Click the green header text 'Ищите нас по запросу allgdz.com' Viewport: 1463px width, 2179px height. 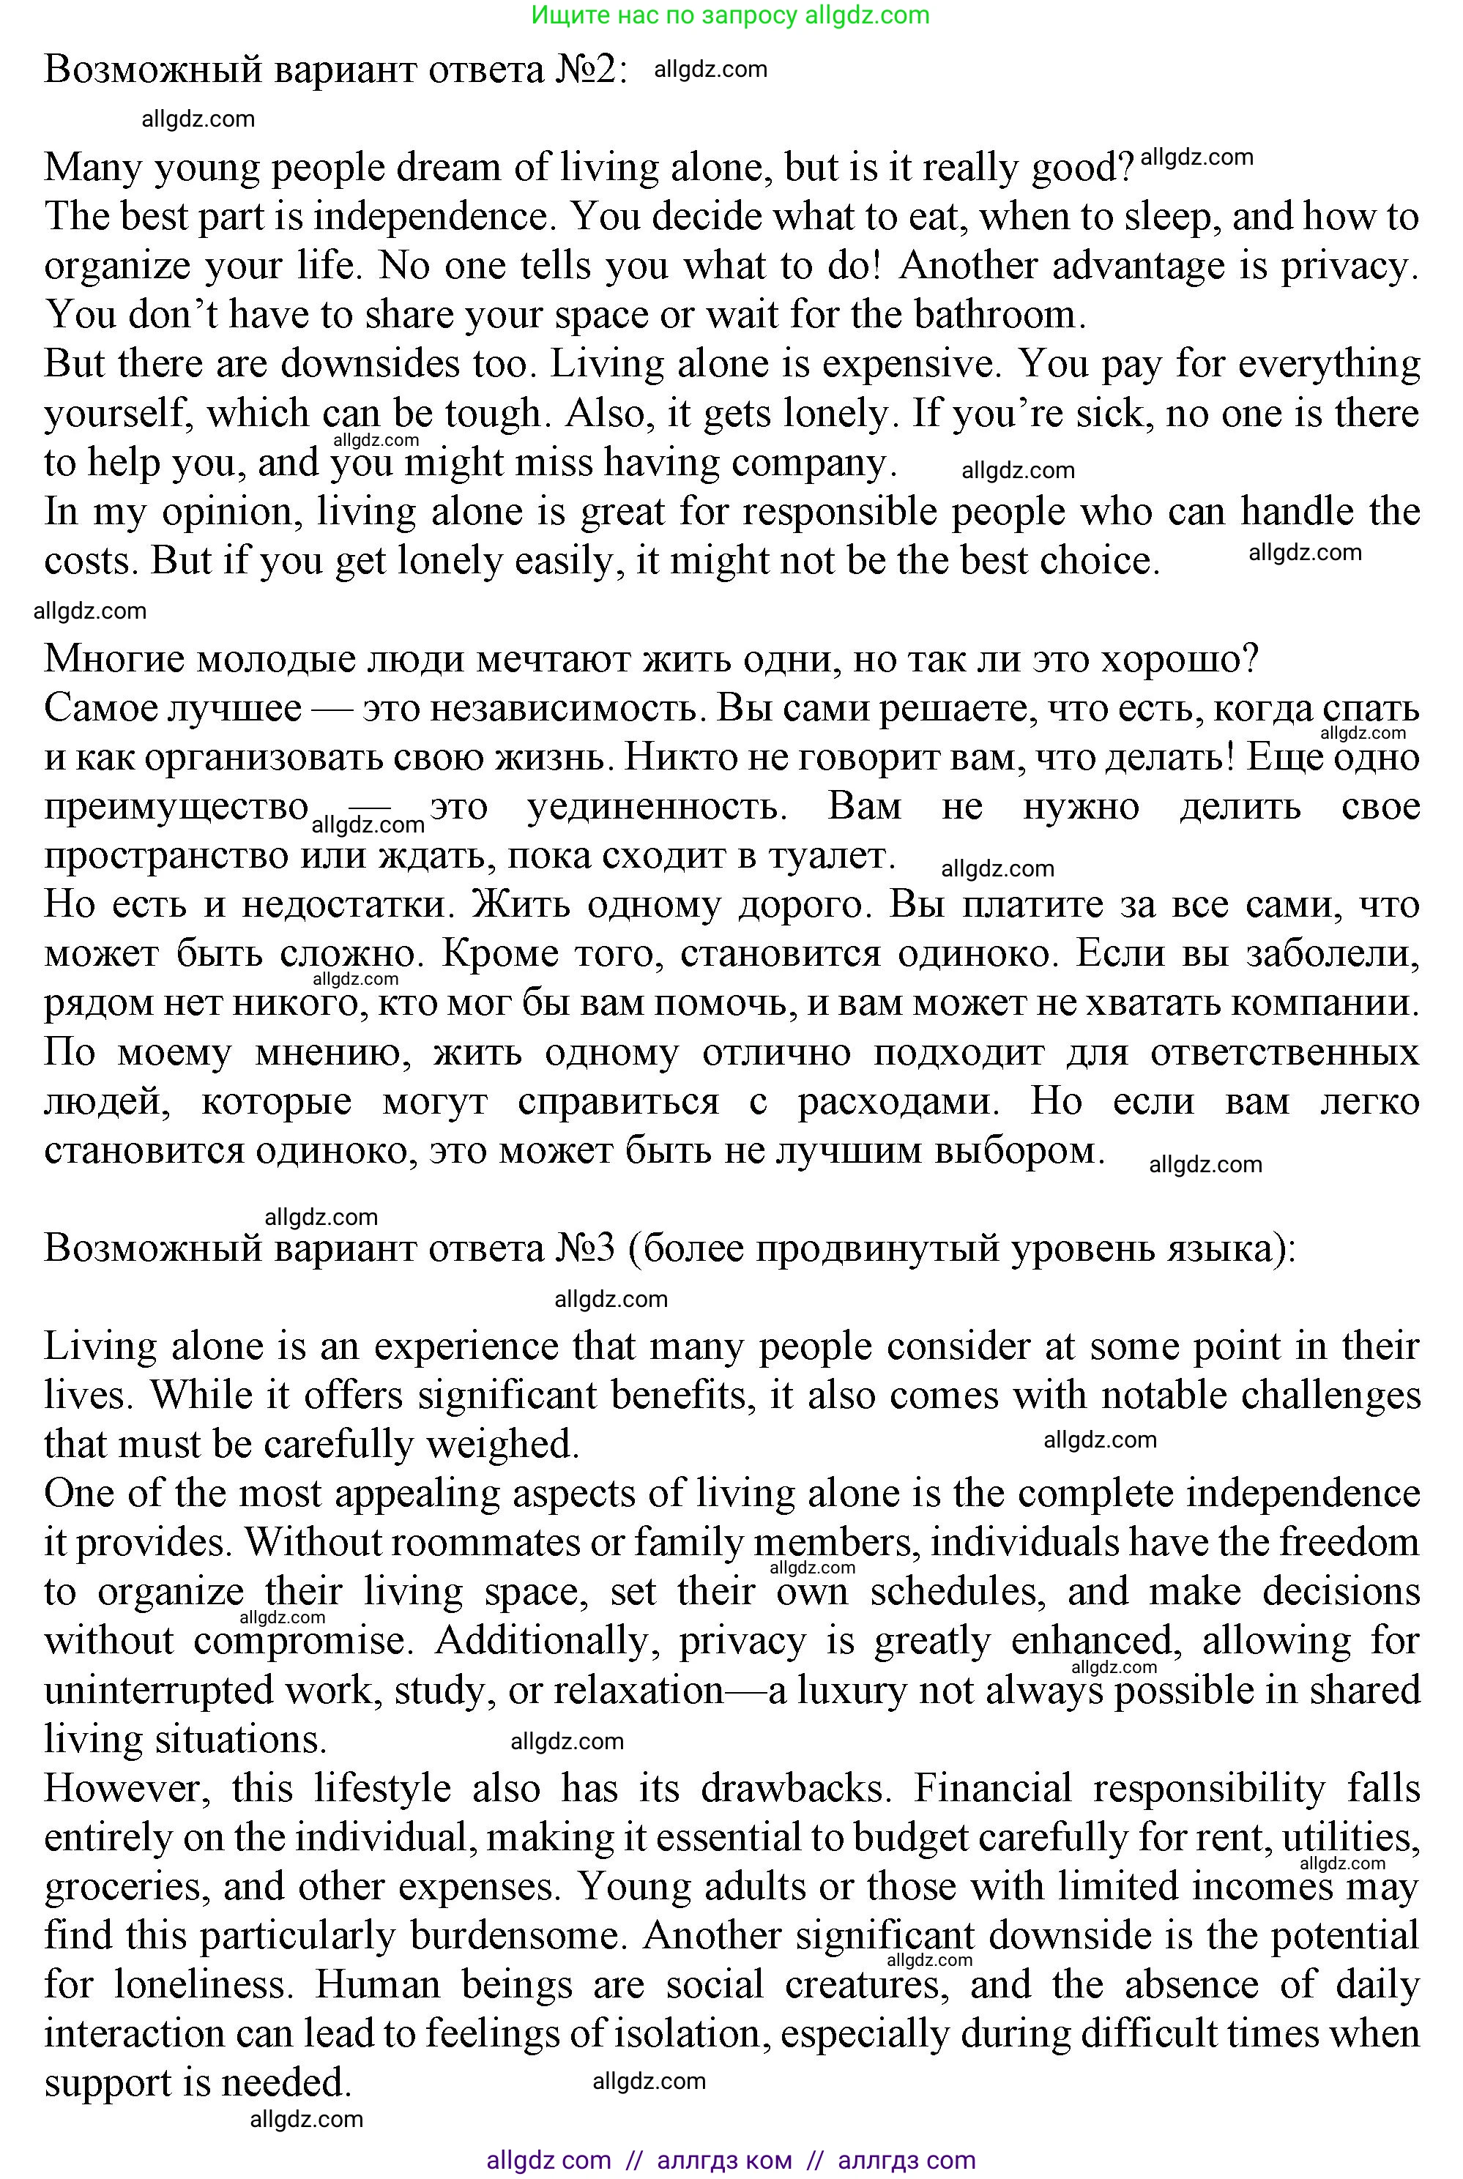[x=731, y=15]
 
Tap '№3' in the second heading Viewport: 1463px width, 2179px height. [x=588, y=1248]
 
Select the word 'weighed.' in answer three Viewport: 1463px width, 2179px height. [x=503, y=1445]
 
